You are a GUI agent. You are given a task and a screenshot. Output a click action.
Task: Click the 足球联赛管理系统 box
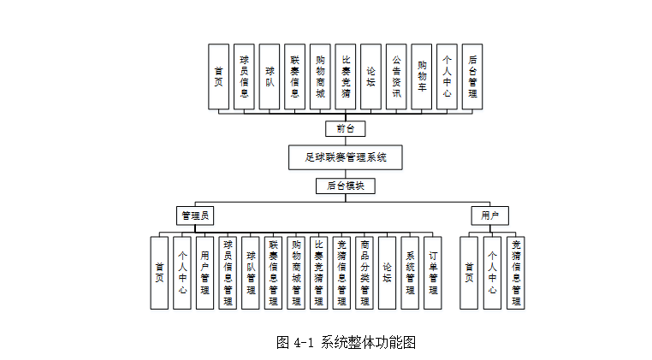tap(345, 157)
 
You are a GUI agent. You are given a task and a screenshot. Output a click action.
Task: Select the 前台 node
tap(345, 129)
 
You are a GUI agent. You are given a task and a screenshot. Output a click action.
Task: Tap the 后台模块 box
tap(345, 186)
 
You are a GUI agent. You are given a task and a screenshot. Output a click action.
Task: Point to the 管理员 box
tap(194, 215)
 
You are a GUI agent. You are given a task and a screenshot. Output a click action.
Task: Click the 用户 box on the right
tap(489, 215)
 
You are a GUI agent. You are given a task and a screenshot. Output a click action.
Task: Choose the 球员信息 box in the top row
tap(244, 77)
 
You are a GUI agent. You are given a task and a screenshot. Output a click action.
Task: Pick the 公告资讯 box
tap(396, 77)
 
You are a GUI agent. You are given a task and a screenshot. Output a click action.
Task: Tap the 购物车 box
tap(422, 77)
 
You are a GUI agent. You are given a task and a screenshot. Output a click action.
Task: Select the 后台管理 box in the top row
tap(472, 77)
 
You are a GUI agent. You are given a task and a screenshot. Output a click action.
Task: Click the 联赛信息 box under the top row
tap(294, 77)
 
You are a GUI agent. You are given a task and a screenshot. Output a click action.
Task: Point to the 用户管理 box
tap(205, 272)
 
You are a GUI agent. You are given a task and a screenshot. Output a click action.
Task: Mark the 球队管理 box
tap(251, 272)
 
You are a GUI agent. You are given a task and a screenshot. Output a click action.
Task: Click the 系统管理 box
tap(410, 272)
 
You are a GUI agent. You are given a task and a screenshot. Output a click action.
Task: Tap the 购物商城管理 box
tap(296, 272)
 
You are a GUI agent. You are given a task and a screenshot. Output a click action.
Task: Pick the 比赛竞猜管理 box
tap(318, 272)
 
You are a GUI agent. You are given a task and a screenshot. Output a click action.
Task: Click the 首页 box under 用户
tap(469, 272)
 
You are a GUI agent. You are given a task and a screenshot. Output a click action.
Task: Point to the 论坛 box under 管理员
tap(387, 272)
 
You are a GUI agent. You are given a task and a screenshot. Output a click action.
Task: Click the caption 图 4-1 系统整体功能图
tap(346, 342)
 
